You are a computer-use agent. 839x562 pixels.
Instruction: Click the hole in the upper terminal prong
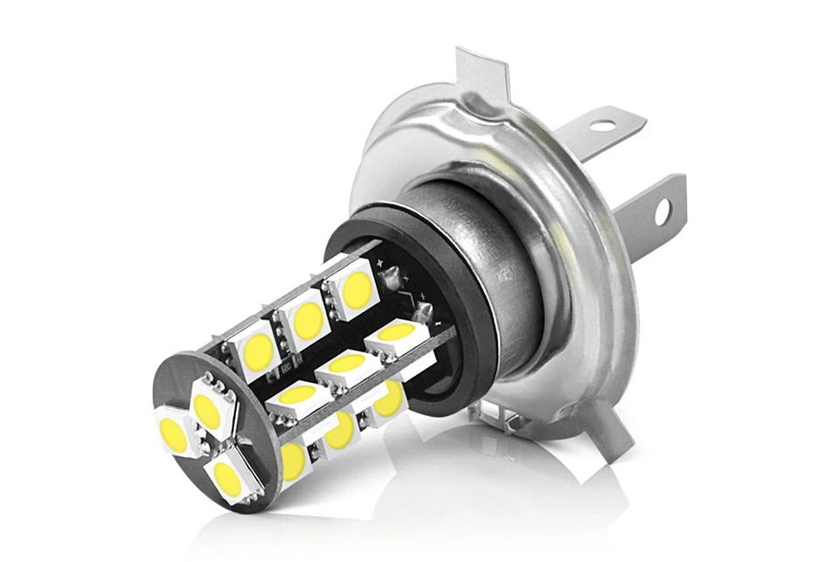[601, 125]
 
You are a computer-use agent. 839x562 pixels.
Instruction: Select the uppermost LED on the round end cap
[207, 406]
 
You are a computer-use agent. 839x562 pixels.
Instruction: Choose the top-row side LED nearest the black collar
[357, 290]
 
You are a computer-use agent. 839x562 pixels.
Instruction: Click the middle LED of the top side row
[307, 320]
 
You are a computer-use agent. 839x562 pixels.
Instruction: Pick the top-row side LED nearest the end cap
[258, 350]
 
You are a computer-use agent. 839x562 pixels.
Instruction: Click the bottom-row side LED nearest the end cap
[293, 460]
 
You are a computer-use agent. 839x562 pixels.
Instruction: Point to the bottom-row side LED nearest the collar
[389, 398]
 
